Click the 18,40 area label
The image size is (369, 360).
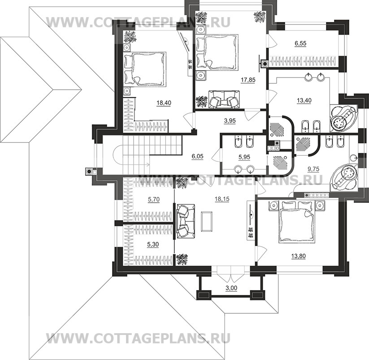[164, 103]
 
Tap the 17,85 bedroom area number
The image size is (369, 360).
[248, 80]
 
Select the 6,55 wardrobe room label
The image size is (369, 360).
[300, 43]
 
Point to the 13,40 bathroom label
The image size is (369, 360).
[304, 100]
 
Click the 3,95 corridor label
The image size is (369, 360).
[230, 121]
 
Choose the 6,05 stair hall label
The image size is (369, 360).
[197, 156]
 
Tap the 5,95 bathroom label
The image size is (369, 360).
[244, 157]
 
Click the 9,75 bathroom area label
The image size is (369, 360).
[313, 169]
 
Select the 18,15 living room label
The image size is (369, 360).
[222, 199]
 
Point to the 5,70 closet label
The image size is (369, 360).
[154, 200]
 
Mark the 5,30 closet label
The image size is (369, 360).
[153, 245]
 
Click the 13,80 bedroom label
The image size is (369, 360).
[299, 256]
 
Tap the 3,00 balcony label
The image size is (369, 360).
[231, 288]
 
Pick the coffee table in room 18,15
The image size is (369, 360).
[207, 221]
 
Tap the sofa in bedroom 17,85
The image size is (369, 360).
[224, 99]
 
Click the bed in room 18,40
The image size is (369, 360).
[145, 69]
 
